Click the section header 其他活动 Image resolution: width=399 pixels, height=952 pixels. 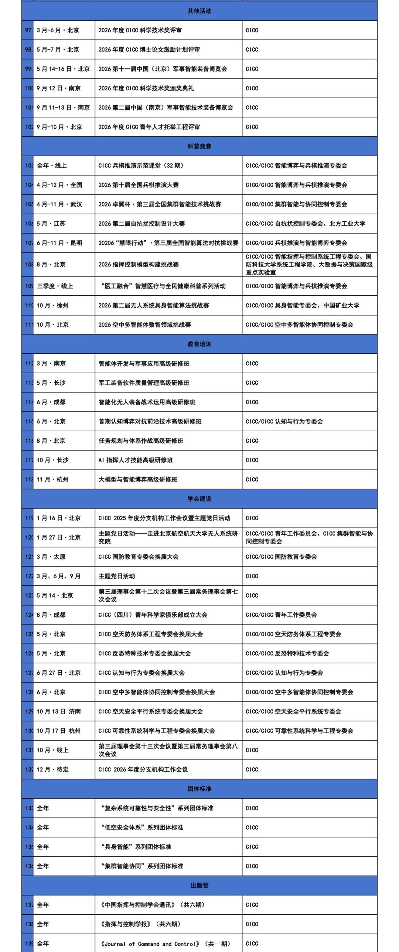click(199, 11)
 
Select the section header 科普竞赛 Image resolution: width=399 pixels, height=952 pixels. click(199, 146)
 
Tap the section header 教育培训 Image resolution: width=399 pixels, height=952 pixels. click(199, 344)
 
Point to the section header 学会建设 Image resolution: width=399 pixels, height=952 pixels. click(199, 499)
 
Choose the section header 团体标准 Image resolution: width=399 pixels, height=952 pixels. click(199, 789)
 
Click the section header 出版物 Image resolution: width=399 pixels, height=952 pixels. click(199, 886)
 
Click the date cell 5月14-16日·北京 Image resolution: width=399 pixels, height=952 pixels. click(63, 69)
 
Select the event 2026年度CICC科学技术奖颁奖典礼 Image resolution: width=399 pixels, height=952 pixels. click(146, 88)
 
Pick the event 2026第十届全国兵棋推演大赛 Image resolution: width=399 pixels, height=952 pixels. click(139, 185)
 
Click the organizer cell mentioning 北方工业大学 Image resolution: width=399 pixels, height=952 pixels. click(306, 224)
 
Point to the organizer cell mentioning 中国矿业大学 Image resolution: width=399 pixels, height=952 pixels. click(303, 306)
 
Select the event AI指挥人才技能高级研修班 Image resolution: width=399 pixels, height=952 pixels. click(136, 460)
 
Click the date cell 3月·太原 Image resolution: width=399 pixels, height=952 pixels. click(51, 557)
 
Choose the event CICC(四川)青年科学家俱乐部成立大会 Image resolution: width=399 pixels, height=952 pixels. click(153, 615)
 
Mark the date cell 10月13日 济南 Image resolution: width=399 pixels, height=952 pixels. click(59, 712)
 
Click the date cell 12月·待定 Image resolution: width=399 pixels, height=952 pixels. click(53, 770)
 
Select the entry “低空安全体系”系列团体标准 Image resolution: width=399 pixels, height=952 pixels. click(142, 828)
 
